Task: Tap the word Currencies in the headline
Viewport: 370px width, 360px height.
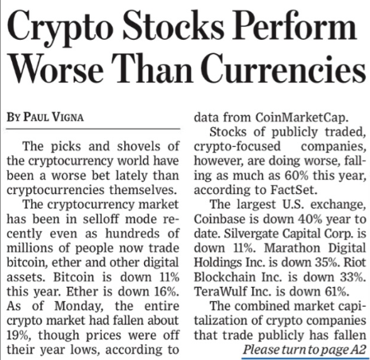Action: [284, 69]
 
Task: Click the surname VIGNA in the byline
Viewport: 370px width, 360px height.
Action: [68, 117]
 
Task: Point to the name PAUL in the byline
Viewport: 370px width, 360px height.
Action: [37, 117]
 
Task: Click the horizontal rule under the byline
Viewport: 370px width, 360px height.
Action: [93, 129]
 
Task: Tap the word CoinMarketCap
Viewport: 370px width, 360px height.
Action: [302, 118]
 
